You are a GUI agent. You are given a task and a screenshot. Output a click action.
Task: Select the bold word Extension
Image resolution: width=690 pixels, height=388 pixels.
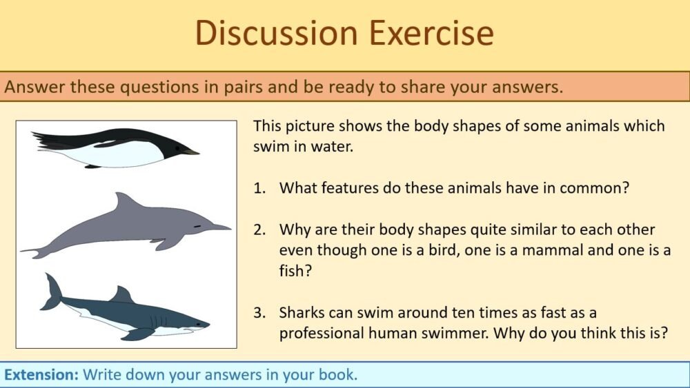[41, 375]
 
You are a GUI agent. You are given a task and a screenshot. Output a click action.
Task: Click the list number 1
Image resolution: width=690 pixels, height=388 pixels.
[259, 188]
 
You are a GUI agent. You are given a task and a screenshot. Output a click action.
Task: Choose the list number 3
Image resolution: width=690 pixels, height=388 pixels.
[259, 312]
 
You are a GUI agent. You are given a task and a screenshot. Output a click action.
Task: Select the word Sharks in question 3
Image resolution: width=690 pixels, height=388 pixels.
[301, 312]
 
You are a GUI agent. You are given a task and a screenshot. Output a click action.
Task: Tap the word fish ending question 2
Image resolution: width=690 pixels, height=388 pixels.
[292, 271]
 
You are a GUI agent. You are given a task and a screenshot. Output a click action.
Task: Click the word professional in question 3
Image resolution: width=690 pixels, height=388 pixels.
[319, 334]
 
